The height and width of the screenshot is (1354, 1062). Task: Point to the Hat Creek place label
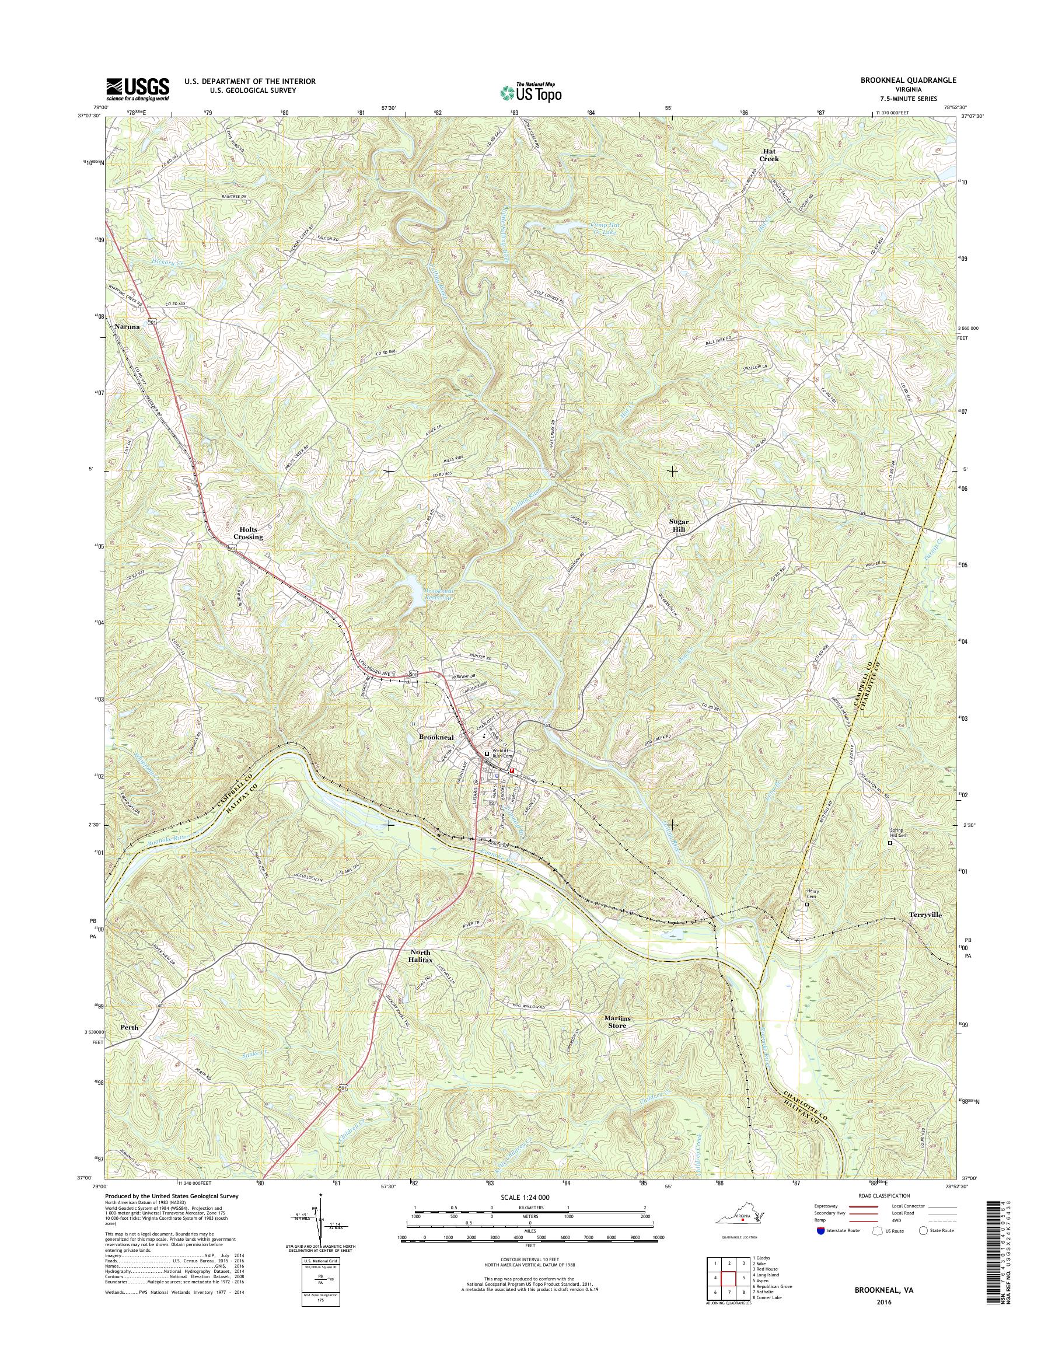[x=768, y=155]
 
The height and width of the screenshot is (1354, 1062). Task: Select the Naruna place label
[x=127, y=326]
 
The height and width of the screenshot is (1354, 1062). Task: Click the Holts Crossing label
[x=248, y=532]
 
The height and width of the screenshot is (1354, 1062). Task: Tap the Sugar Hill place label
[x=677, y=524]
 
